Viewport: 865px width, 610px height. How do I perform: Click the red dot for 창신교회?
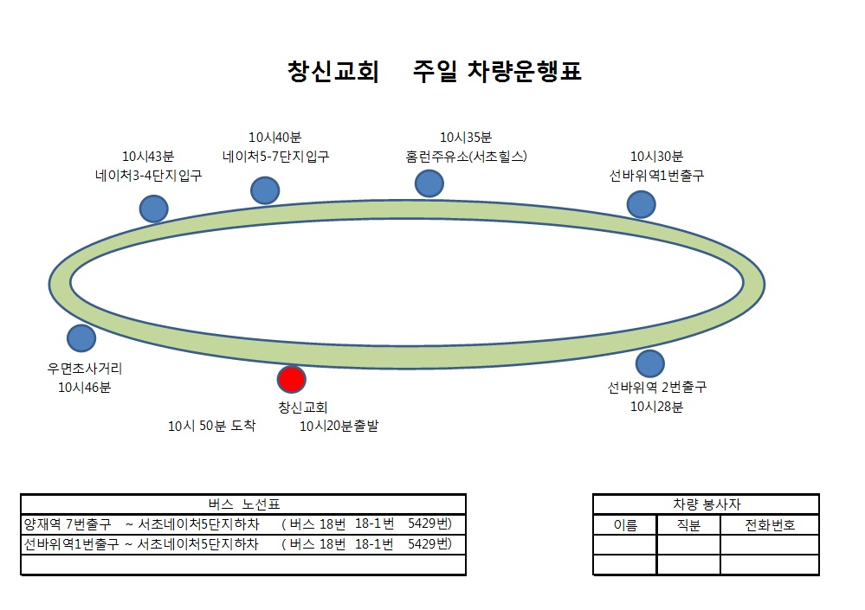tap(291, 379)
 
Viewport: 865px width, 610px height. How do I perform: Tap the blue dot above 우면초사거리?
tap(81, 338)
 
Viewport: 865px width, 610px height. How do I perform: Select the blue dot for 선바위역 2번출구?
tap(650, 363)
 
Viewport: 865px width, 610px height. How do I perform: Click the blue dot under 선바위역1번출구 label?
tap(641, 204)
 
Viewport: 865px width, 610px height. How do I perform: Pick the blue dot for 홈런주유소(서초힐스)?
tap(429, 183)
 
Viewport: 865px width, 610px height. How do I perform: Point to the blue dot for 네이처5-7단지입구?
tap(265, 190)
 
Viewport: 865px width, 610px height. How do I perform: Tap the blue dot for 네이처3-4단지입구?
tap(153, 209)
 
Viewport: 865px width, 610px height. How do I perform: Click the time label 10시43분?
tap(148, 157)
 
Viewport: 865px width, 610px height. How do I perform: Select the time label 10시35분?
tap(466, 138)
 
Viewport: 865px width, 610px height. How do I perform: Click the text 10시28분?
tap(656, 407)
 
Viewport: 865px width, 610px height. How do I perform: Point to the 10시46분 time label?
tap(84, 388)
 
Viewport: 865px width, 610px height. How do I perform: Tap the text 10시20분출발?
tap(339, 426)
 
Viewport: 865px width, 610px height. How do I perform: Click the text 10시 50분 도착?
tap(212, 426)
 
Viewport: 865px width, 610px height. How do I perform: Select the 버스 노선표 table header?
tap(244, 504)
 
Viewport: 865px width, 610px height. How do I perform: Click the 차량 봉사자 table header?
tap(707, 504)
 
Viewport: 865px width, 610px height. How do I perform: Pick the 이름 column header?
tap(625, 525)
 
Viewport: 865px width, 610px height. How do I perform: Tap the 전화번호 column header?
tap(770, 525)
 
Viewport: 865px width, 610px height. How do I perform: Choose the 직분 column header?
tap(688, 525)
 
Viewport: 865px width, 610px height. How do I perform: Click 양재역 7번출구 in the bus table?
tap(68, 524)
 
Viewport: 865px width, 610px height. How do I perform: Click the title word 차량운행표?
tap(525, 72)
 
